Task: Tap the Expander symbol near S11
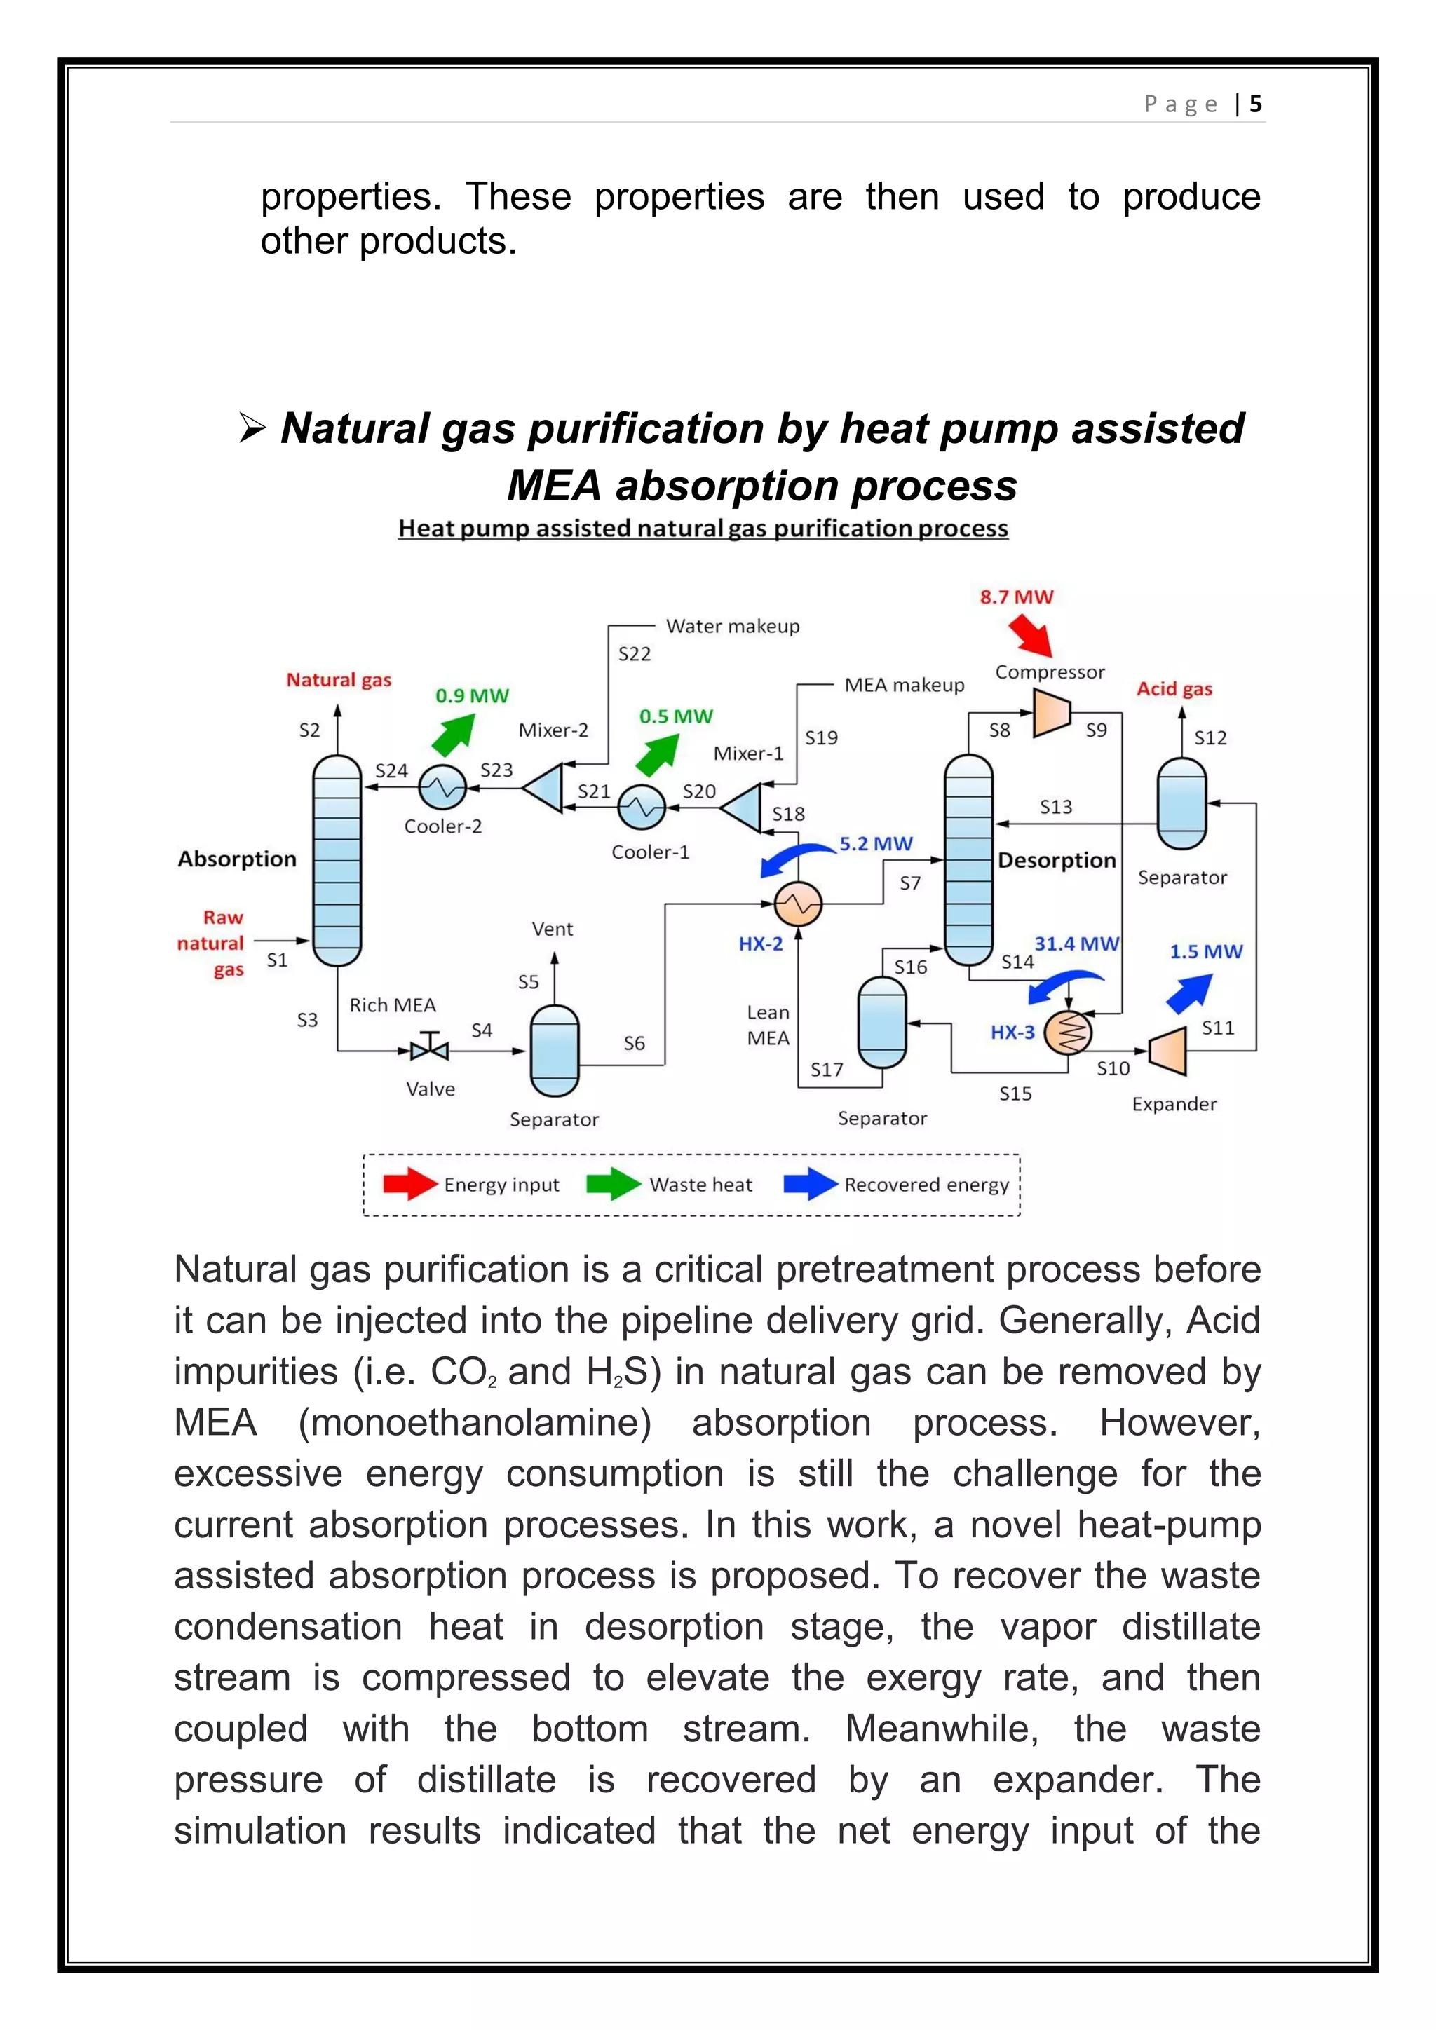[1168, 1050]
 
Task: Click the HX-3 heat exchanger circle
[1068, 1032]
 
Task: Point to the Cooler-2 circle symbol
[442, 787]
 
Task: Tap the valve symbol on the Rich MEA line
[430, 1050]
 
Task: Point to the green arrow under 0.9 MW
[454, 733]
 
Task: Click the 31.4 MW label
[1076, 944]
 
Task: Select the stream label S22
[634, 654]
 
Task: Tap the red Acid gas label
[1174, 689]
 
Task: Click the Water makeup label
[732, 626]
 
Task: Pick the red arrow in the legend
[409, 1184]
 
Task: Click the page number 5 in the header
[1256, 104]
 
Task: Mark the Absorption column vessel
[337, 859]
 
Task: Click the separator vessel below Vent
[555, 1050]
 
